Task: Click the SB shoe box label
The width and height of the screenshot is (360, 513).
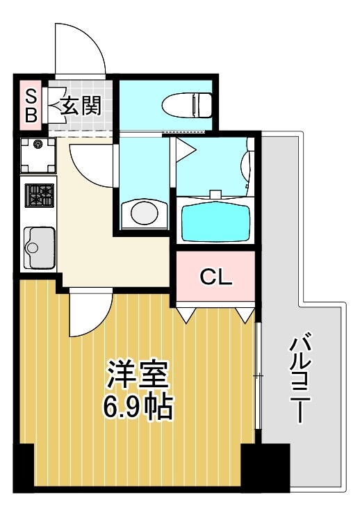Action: coord(31,105)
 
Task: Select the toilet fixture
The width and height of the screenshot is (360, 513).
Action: coord(186,106)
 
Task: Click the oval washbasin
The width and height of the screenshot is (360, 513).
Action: coord(145,212)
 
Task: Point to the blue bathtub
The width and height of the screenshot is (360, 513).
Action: coord(214,219)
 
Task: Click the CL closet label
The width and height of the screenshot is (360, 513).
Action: coord(215,277)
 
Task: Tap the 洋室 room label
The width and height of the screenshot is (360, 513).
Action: coord(138,376)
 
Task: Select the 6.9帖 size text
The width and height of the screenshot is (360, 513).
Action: coord(138,407)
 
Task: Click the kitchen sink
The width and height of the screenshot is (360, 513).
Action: coord(39,247)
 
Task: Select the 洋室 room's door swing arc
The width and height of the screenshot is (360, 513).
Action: coord(88,313)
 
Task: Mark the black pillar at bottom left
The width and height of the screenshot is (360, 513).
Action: coord(24,467)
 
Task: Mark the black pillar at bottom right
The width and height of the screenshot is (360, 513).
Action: coord(264,467)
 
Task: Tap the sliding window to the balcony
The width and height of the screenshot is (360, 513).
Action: coord(258,375)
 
